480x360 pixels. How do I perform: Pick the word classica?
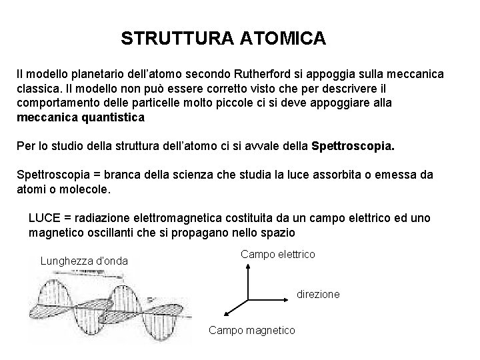pos(37,87)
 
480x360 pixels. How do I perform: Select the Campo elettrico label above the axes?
pos(278,255)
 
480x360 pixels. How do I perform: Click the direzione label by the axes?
pos(318,293)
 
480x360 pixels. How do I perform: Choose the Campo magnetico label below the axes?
pos(251,330)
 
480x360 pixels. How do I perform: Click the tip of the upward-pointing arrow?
pos(248,263)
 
